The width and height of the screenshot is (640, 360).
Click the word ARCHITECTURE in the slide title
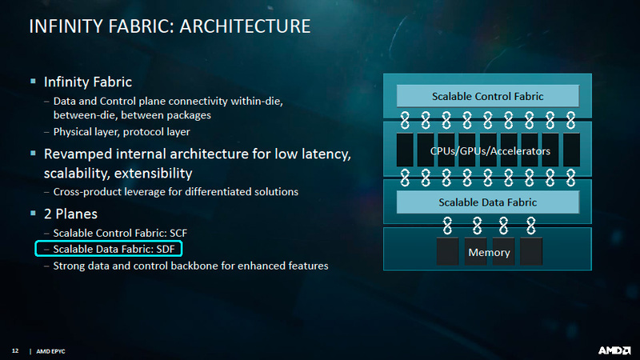click(245, 26)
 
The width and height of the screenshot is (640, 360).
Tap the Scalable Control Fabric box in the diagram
click(488, 96)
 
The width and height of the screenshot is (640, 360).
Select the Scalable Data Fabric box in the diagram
click(488, 202)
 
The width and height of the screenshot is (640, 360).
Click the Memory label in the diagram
click(489, 253)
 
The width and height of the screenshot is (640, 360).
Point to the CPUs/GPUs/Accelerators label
click(490, 151)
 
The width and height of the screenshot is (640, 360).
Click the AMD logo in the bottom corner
click(614, 350)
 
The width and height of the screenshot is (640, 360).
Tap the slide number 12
click(15, 350)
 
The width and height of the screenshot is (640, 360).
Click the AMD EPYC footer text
click(50, 351)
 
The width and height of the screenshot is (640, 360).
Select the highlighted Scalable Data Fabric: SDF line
click(109, 249)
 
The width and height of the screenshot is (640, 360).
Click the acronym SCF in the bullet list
click(178, 233)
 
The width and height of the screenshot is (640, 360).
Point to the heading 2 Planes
click(70, 214)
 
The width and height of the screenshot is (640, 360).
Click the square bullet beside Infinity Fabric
click(33, 82)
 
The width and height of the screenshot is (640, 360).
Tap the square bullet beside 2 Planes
click(33, 213)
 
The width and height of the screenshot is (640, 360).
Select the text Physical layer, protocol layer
click(122, 132)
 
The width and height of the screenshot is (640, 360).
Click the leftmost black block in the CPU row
click(405, 150)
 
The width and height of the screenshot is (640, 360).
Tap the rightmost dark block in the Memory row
click(531, 252)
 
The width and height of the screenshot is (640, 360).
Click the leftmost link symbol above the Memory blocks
click(447, 226)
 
